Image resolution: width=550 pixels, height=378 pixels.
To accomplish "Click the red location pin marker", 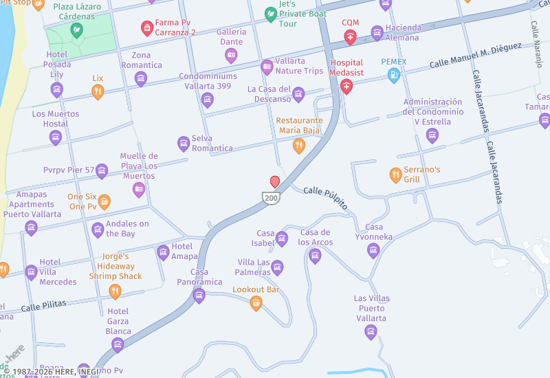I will pyautogui.click(x=275, y=181).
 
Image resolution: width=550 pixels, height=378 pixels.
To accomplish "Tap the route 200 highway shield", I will pyautogui.click(x=269, y=197).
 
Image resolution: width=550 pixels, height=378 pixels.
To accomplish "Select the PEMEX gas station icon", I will pyautogui.click(x=394, y=76).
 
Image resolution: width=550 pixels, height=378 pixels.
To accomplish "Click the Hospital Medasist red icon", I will pyautogui.click(x=346, y=86).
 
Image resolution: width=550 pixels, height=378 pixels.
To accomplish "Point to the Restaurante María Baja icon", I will pyautogui.click(x=298, y=145).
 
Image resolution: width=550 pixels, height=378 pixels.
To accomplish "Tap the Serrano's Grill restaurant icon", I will pyautogui.click(x=395, y=175).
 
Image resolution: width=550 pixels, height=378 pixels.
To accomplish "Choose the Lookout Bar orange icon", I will pyautogui.click(x=256, y=303).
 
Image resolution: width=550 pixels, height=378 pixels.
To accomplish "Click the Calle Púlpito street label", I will pyautogui.click(x=325, y=198).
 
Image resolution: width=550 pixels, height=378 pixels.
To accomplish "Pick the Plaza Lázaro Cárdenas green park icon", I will pyautogui.click(x=76, y=30).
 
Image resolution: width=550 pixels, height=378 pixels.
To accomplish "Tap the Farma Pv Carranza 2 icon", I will pyautogui.click(x=146, y=27).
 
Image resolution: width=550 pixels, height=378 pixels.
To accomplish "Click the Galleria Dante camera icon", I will pyautogui.click(x=231, y=56).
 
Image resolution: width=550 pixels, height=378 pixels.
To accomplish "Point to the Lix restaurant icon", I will pyautogui.click(x=98, y=91).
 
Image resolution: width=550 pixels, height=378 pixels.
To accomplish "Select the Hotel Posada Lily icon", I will pyautogui.click(x=56, y=89).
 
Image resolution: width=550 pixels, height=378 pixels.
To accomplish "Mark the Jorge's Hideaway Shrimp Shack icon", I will pyautogui.click(x=115, y=291).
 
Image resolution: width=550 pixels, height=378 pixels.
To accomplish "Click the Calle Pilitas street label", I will pyautogui.click(x=43, y=304).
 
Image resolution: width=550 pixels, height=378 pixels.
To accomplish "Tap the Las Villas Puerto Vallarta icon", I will pyautogui.click(x=371, y=333).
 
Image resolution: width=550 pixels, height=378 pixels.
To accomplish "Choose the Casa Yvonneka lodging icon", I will pyautogui.click(x=373, y=251).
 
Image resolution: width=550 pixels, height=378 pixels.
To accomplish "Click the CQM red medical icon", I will pyautogui.click(x=351, y=37).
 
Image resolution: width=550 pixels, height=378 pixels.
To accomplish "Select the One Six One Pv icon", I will pyautogui.click(x=104, y=201).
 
